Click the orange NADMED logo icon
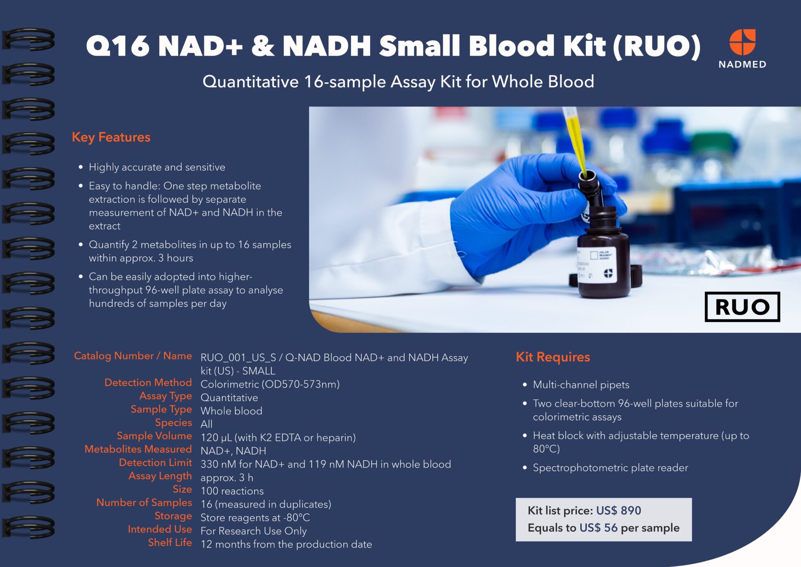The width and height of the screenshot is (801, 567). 742,42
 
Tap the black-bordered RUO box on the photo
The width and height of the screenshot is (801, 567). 742,307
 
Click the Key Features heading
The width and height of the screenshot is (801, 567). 111,137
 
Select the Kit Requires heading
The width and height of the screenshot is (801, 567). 553,357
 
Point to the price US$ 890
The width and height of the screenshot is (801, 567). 618,510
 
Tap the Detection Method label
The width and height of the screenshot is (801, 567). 148,382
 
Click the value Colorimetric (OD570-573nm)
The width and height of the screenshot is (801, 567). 270,384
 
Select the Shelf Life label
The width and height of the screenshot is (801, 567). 170,542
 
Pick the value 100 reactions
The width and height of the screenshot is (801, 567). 232,491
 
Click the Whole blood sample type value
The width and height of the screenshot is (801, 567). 231,411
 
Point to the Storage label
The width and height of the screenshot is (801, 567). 173,516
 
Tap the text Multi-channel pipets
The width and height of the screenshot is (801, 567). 581,385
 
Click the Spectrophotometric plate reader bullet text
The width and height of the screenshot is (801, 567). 610,468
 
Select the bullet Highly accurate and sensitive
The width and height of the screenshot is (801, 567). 157,167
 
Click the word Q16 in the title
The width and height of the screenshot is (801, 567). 118,46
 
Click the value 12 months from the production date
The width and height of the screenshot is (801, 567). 286,544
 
